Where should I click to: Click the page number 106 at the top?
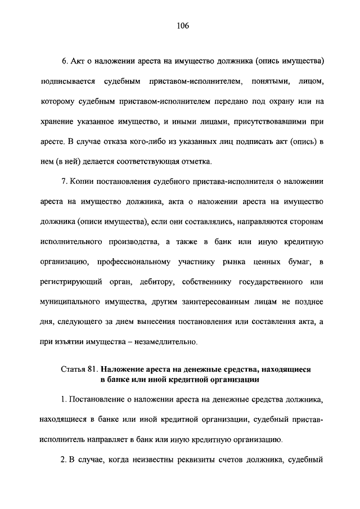pyautogui.click(x=180, y=25)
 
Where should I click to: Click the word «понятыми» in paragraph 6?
pyautogui.click(x=268, y=83)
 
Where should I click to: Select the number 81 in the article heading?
pyautogui.click(x=93, y=370)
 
